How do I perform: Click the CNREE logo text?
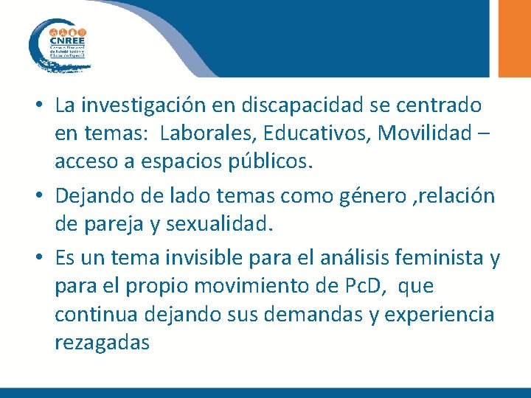pyautogui.click(x=67, y=41)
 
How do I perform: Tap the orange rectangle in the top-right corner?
pyautogui.click(x=515, y=37)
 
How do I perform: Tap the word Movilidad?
pyautogui.click(x=422, y=133)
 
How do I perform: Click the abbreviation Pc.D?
pyautogui.click(x=361, y=286)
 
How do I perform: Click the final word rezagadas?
pyautogui.click(x=102, y=342)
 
